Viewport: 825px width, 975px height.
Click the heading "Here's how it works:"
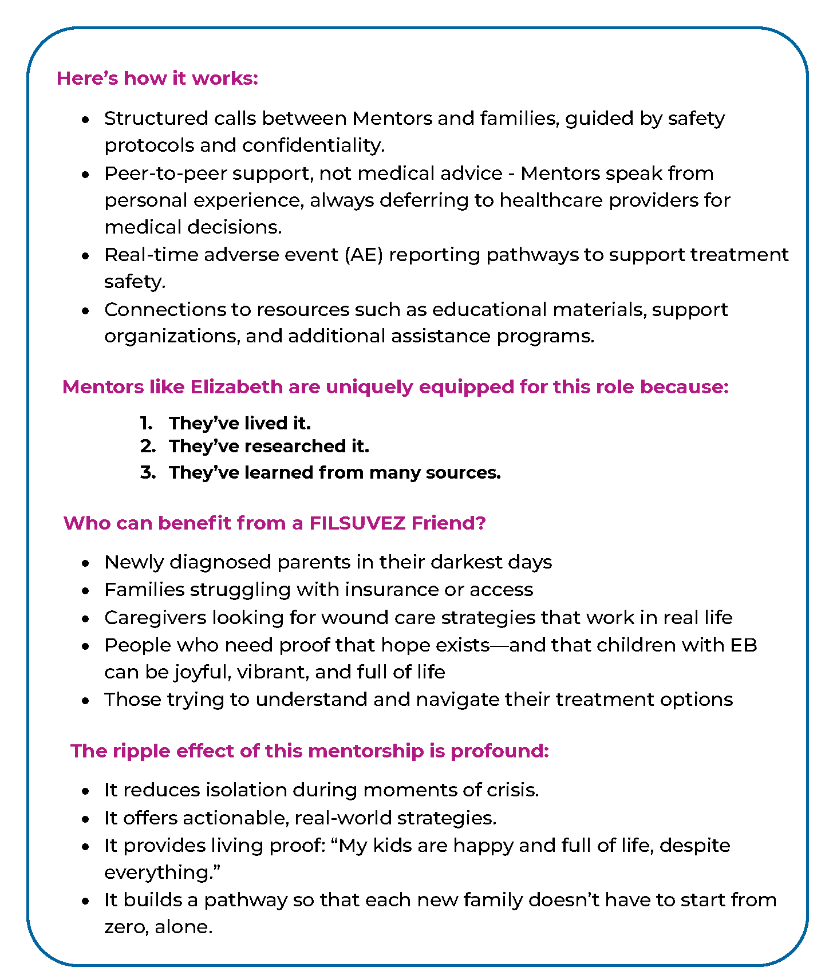(157, 78)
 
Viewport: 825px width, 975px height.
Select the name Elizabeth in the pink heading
(236, 387)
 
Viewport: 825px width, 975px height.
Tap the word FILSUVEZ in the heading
(357, 523)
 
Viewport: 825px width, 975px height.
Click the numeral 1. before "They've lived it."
(146, 424)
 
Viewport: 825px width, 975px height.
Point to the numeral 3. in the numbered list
(148, 473)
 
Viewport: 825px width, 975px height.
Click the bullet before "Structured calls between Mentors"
(85, 120)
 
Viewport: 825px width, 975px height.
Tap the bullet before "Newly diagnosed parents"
(85, 563)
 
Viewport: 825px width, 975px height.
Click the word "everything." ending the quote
(163, 873)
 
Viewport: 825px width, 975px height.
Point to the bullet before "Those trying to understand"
(85, 701)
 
